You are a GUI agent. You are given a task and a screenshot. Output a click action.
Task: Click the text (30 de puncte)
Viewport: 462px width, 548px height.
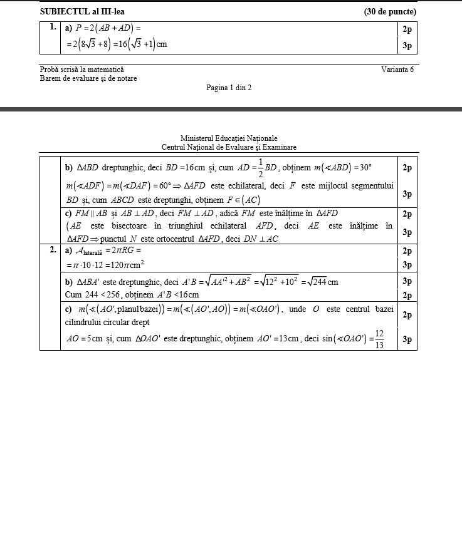(x=390, y=11)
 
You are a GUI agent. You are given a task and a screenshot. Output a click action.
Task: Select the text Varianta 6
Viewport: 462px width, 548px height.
(x=397, y=70)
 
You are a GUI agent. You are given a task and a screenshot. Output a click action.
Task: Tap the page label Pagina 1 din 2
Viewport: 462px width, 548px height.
(x=229, y=88)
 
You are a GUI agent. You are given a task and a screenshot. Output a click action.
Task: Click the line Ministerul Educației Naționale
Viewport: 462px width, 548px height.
(x=229, y=138)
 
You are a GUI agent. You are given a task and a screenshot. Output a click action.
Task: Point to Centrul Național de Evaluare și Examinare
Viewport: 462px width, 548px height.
(x=229, y=147)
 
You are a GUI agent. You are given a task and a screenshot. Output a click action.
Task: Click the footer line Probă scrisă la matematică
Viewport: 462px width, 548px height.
(x=81, y=70)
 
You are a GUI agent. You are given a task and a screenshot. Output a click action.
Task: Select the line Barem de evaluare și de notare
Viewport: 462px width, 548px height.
(x=88, y=78)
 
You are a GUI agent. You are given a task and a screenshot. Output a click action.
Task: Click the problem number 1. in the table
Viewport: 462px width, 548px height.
(x=53, y=28)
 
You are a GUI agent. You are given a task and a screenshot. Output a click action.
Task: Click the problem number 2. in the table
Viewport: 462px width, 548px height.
(x=53, y=251)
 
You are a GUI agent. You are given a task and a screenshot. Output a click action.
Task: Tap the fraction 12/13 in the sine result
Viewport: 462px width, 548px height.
(x=379, y=339)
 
